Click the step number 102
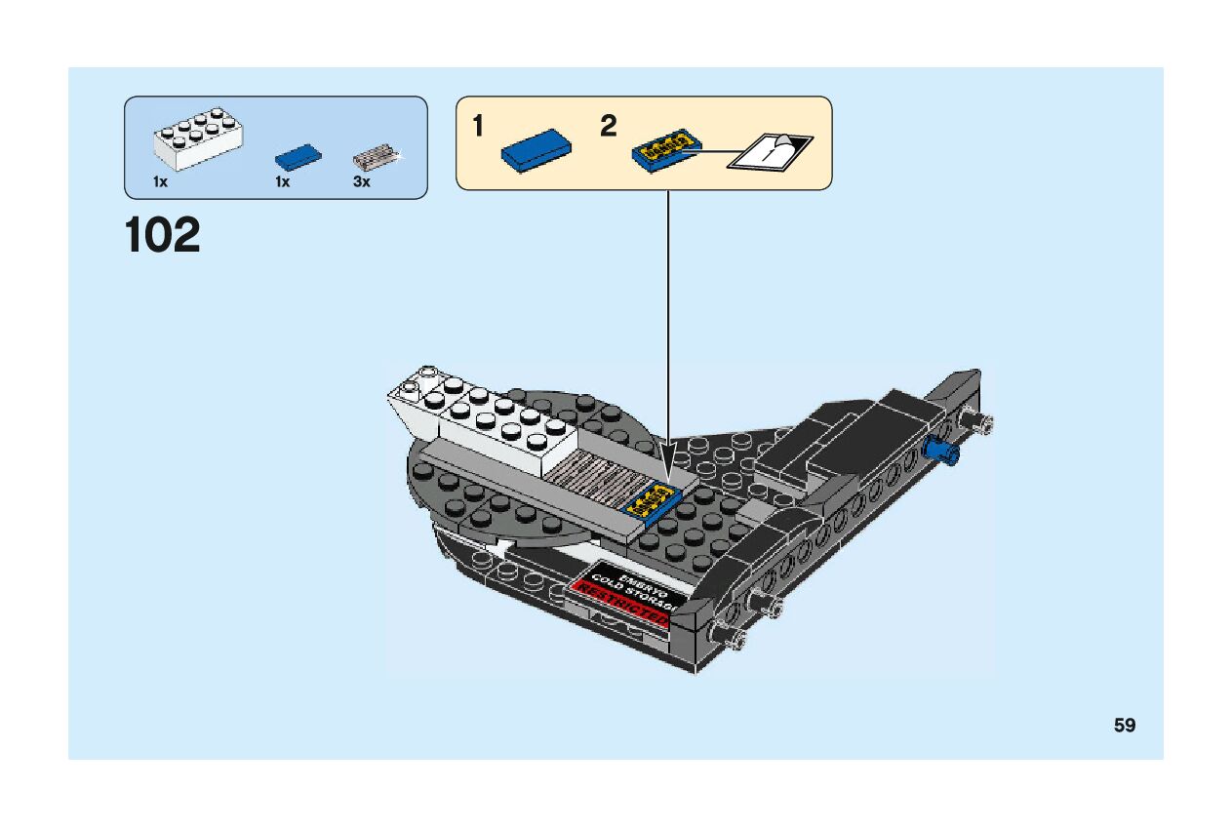click(163, 236)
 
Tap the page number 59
click(1125, 726)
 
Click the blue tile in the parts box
click(298, 156)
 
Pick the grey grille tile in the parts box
click(376, 156)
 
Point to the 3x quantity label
click(362, 182)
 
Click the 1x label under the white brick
click(161, 182)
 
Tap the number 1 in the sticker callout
click(478, 126)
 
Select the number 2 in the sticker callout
click(609, 126)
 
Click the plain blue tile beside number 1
click(536, 150)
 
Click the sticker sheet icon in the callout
click(771, 151)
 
